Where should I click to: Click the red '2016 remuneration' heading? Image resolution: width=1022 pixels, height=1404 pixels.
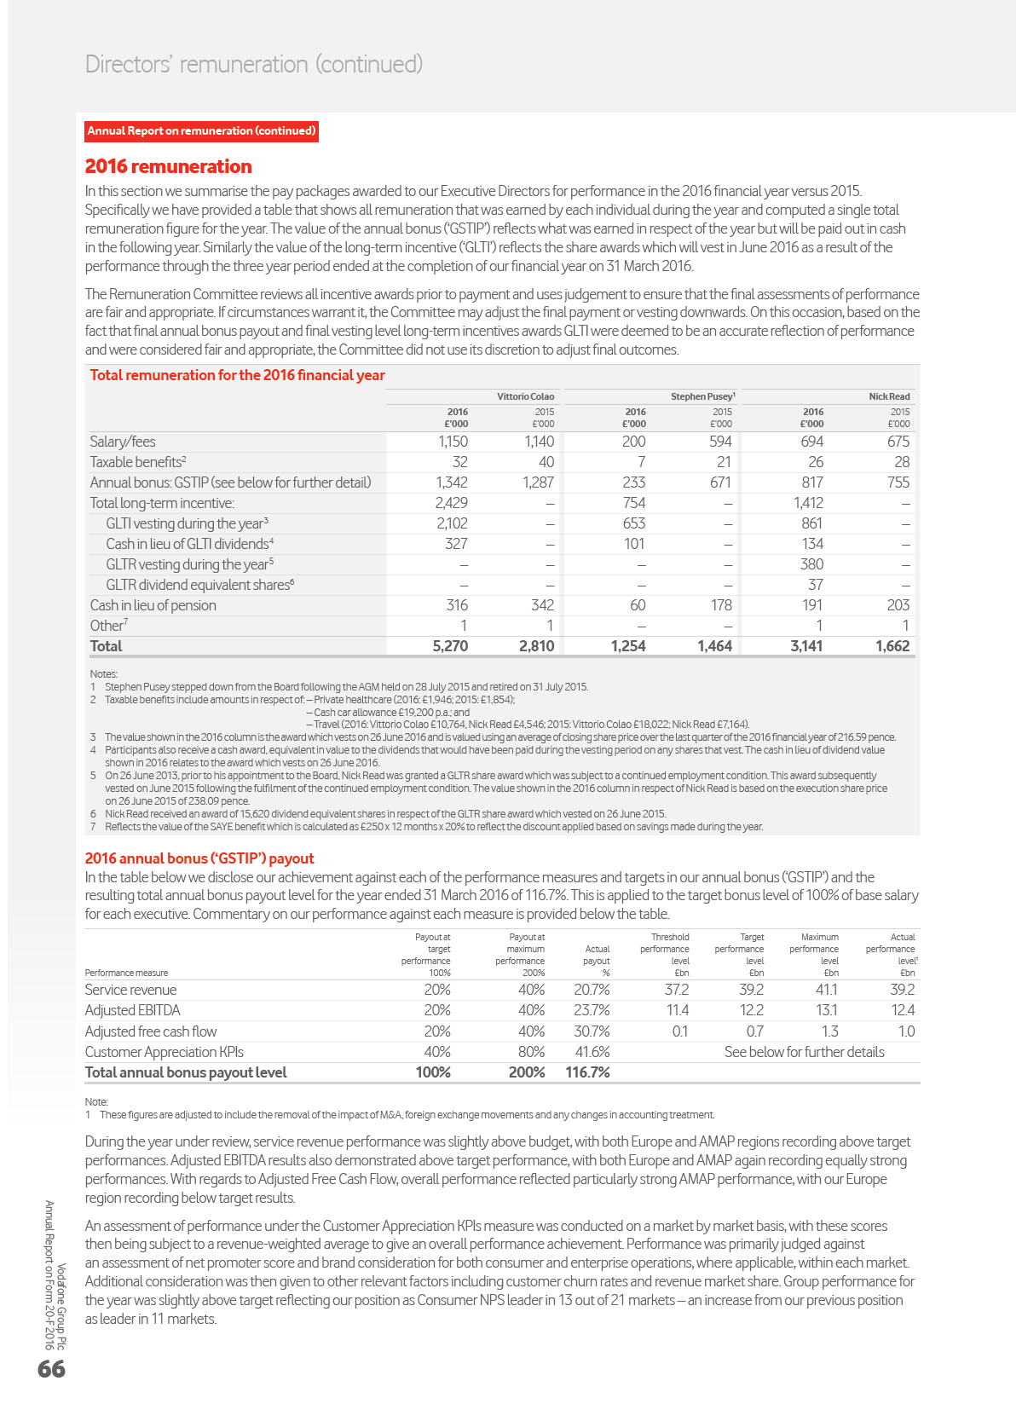tap(169, 167)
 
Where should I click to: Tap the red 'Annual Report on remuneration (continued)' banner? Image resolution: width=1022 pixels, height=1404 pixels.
tap(202, 131)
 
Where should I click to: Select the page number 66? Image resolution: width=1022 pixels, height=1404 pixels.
tap(51, 1369)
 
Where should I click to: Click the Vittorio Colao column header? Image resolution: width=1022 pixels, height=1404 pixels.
tap(526, 396)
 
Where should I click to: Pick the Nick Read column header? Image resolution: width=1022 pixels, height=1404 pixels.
tap(889, 396)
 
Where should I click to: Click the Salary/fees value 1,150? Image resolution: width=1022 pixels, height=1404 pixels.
tap(453, 442)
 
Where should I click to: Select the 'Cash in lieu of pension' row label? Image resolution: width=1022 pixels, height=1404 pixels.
tap(153, 605)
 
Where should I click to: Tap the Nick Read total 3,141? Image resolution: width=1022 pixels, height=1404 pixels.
tap(806, 646)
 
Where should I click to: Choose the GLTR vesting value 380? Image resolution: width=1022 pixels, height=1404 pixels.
tap(811, 564)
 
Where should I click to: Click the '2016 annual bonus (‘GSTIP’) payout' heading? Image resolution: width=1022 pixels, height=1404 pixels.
tap(199, 858)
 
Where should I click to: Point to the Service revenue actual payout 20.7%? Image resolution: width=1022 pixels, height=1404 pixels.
tap(592, 990)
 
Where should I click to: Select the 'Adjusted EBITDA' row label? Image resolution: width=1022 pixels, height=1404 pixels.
tap(133, 1010)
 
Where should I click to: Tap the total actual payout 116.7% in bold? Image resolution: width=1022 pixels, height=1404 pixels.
tap(587, 1072)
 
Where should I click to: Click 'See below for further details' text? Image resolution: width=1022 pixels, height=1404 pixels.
tap(804, 1052)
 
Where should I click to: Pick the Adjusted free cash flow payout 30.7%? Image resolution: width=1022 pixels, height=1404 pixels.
tap(592, 1031)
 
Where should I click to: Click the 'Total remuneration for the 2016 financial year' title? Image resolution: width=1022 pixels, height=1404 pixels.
tap(237, 375)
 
